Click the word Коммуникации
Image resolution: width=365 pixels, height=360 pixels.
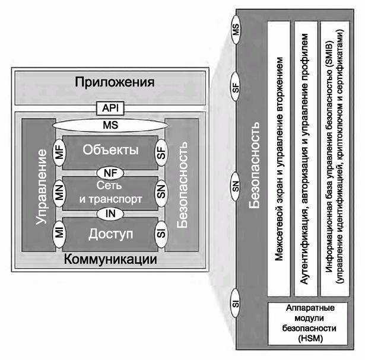[111, 260]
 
